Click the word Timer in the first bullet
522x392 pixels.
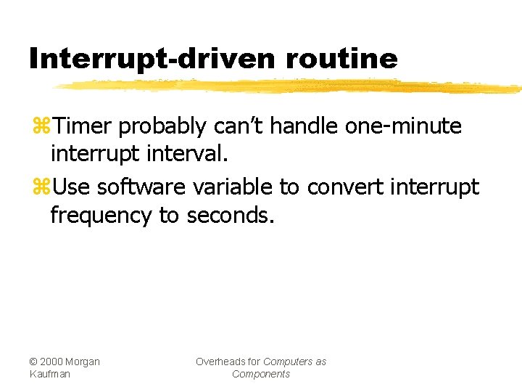pyautogui.click(x=83, y=126)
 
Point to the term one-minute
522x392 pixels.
pyautogui.click(x=404, y=126)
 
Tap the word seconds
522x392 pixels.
pyautogui.click(x=231, y=216)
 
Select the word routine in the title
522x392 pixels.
pyautogui.click(x=342, y=58)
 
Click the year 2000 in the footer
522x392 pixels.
pyautogui.click(x=52, y=362)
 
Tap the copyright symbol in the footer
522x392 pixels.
pyautogui.click(x=33, y=362)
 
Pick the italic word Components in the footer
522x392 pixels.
pyautogui.click(x=261, y=374)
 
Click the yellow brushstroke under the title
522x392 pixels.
pyautogui.click(x=290, y=87)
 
